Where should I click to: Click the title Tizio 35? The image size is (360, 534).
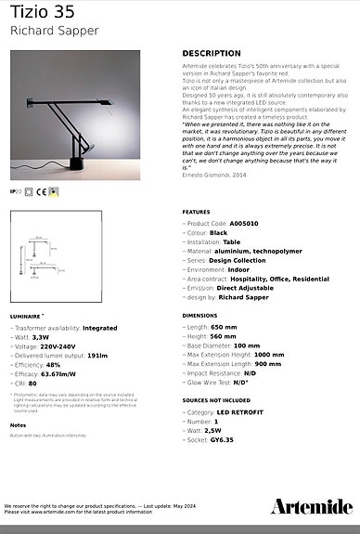pos(44,14)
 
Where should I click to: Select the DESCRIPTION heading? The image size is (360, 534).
pos(212,54)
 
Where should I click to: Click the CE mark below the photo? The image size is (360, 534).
pos(42,192)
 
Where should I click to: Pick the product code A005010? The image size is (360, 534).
pos(245,224)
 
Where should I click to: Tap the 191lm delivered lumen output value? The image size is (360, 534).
pos(98,354)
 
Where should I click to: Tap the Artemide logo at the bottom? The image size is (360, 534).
pos(312,506)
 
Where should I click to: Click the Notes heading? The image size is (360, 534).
pos(18,424)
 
